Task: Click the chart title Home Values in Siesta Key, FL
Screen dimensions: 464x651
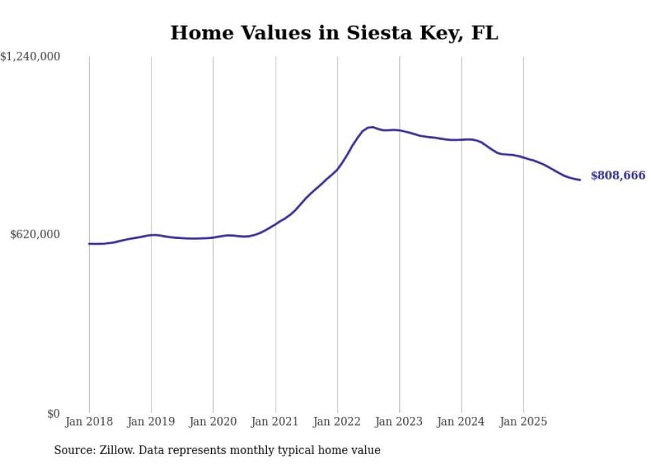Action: click(x=333, y=33)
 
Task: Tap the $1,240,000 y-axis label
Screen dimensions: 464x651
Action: click(x=31, y=57)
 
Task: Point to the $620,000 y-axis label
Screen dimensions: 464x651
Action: click(x=35, y=234)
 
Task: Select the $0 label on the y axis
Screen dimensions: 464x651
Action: click(x=53, y=414)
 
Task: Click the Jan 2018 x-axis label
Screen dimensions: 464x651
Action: click(x=89, y=422)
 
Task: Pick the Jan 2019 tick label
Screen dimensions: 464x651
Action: click(x=151, y=422)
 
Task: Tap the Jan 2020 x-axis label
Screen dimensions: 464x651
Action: click(x=213, y=422)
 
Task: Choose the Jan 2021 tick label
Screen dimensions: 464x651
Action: click(x=275, y=422)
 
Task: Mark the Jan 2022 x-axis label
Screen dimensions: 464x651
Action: click(x=337, y=422)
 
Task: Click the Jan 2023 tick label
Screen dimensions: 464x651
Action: click(x=399, y=422)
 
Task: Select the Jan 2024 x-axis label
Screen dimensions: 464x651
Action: click(x=462, y=422)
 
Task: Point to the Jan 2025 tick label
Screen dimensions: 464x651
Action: click(x=523, y=422)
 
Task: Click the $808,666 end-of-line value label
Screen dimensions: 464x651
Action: click(x=617, y=176)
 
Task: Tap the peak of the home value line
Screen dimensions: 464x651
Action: click(x=371, y=127)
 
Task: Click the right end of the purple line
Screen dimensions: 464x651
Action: click(x=580, y=180)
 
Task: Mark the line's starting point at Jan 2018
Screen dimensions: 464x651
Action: click(x=89, y=244)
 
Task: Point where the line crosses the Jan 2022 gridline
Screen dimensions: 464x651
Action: click(x=337, y=169)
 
